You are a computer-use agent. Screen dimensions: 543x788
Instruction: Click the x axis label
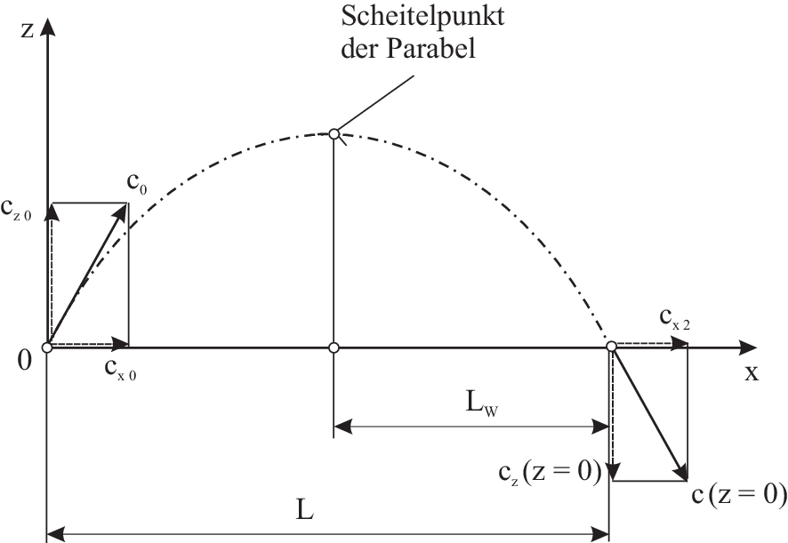click(x=752, y=372)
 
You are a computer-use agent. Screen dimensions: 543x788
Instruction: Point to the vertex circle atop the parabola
click(x=334, y=133)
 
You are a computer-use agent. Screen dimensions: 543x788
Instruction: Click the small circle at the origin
click(x=47, y=346)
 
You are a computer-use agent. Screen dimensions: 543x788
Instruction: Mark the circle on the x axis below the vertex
click(x=334, y=346)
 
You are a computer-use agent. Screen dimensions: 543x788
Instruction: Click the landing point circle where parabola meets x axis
click(x=612, y=346)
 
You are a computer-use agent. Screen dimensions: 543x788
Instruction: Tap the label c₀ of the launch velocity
click(x=137, y=187)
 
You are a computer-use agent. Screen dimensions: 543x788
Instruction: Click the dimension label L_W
click(x=481, y=404)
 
